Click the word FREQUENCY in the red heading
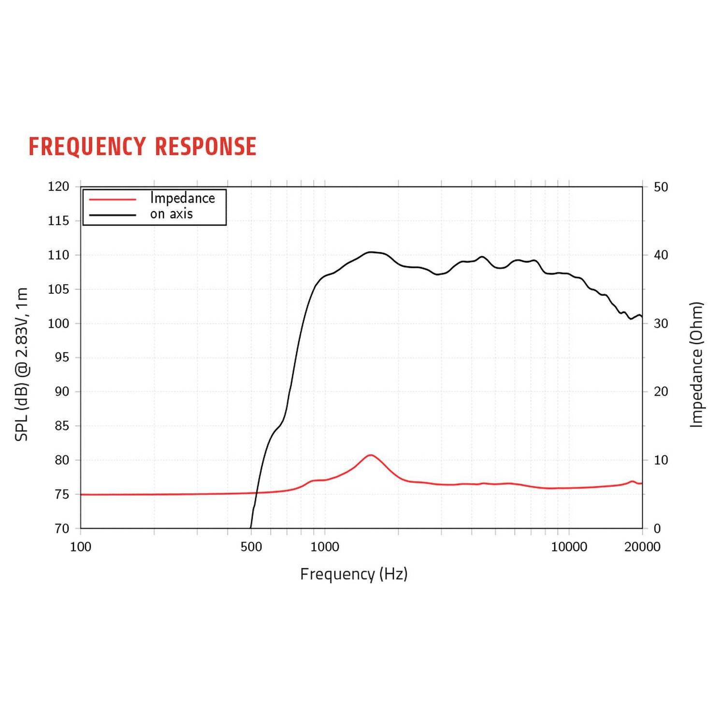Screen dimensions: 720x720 [87, 147]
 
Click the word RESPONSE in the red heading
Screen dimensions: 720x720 [206, 146]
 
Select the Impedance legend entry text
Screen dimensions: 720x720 [183, 198]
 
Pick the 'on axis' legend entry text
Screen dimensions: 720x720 [172, 214]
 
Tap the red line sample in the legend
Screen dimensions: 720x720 [113, 199]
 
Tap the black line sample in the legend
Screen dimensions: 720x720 [113, 215]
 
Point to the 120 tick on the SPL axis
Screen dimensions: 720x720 [58, 187]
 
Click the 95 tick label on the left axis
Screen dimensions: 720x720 [62, 358]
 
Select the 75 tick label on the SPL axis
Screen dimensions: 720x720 [62, 494]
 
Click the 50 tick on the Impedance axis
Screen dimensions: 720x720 [661, 187]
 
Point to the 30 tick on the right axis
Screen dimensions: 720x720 [661, 323]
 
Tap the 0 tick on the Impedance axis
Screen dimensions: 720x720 [657, 529]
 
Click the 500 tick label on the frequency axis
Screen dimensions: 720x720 [251, 547]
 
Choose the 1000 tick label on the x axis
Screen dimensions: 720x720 [325, 547]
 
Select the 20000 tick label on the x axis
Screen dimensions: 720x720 [642, 547]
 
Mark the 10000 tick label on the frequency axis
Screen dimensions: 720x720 [569, 547]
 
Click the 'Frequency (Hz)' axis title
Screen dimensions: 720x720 [354, 574]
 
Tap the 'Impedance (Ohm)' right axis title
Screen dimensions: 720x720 [696, 365]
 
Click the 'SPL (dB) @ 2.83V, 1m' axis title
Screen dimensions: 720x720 [22, 364]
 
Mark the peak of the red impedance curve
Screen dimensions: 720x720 [370, 455]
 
